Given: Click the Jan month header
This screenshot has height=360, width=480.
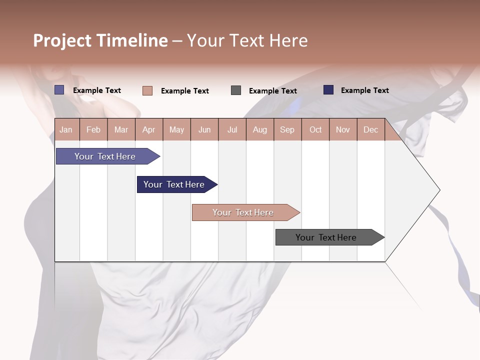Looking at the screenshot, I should tap(66, 129).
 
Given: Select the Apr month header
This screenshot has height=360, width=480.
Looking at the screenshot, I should tap(148, 129).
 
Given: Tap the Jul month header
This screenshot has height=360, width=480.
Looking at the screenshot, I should tap(232, 129).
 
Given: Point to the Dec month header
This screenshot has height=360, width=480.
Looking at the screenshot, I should tap(370, 129).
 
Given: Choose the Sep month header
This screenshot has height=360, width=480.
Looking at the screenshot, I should tap(287, 129).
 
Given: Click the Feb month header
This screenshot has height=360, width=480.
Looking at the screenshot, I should tap(93, 129).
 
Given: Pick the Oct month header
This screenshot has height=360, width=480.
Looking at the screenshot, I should tap(315, 129).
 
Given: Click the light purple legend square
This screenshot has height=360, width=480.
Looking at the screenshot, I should tap(59, 90).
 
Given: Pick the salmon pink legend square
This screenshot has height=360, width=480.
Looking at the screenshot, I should tap(147, 90).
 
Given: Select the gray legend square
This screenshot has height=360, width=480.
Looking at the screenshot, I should tap(236, 90).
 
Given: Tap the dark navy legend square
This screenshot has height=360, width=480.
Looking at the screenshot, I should tap(328, 90).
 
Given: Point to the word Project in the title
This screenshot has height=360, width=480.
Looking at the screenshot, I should tap(62, 40).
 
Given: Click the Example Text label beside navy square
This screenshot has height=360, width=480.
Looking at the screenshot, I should tap(364, 90).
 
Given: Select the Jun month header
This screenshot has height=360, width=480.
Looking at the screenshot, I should tap(204, 129).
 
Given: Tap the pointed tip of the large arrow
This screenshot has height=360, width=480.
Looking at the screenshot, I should tap(438, 190).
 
